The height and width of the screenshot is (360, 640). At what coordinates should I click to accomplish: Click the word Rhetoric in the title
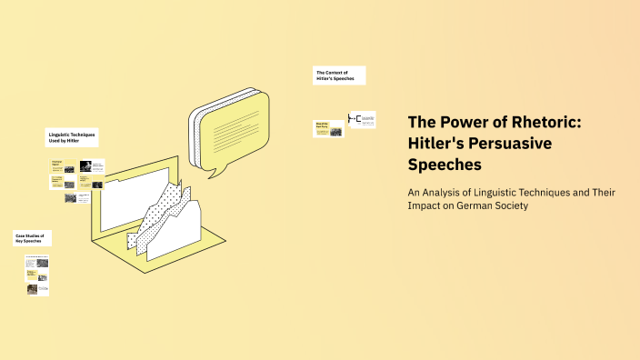[x=526, y=122]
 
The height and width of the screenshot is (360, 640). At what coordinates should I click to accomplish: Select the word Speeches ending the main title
[x=445, y=165]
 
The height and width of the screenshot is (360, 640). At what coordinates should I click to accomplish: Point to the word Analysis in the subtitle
[x=448, y=192]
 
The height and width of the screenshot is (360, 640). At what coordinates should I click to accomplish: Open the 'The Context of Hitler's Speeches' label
[x=339, y=75]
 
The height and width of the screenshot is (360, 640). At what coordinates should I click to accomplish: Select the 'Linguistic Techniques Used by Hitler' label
[x=72, y=138]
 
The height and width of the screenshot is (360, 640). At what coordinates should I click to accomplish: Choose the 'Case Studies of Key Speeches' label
[x=32, y=238]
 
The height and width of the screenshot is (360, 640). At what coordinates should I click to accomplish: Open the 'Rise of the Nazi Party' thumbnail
[x=328, y=128]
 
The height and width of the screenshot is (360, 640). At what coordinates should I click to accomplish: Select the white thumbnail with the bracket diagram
[x=362, y=120]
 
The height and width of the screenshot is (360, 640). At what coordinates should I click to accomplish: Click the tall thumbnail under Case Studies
[x=37, y=270]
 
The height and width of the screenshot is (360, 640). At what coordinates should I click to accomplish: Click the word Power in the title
[x=458, y=122]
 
